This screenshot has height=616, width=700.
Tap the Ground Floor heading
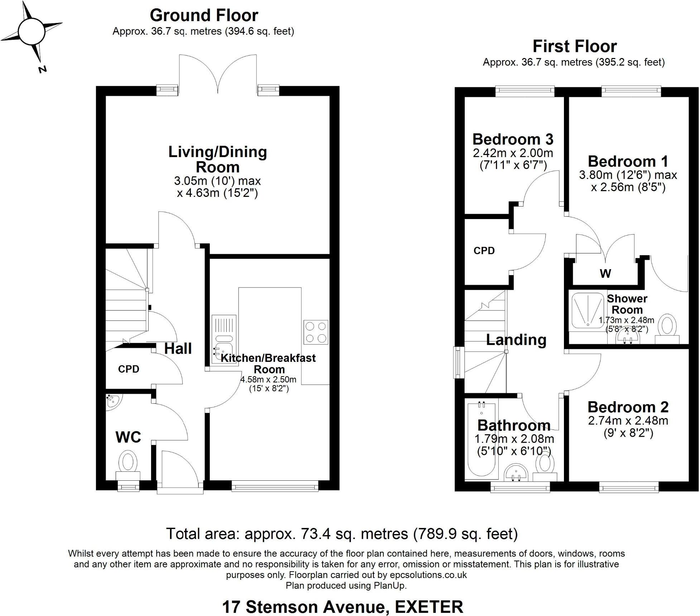(204, 15)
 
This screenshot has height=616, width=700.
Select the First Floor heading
(574, 47)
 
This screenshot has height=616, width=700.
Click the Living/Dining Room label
(218, 159)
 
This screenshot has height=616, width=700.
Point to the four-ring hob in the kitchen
(315, 332)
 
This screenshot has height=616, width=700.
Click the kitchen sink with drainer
(224, 339)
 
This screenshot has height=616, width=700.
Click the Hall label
(178, 349)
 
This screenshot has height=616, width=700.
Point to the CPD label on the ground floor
(129, 369)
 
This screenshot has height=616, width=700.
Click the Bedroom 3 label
(513, 139)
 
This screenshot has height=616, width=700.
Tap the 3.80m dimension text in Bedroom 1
(595, 175)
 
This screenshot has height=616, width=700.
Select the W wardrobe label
(605, 273)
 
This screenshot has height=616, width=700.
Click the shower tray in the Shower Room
(588, 310)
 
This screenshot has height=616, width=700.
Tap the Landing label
(516, 340)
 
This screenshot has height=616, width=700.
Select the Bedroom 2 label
(628, 407)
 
